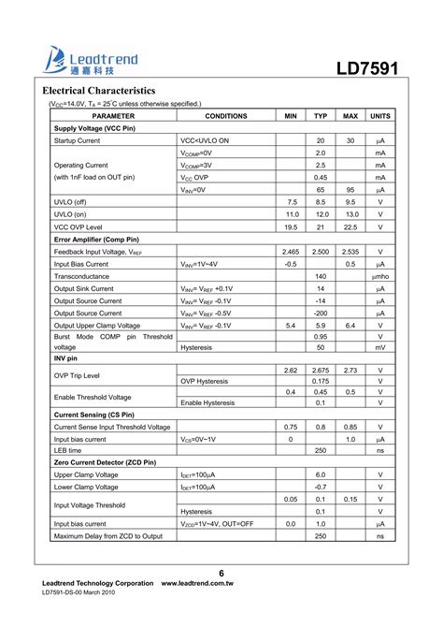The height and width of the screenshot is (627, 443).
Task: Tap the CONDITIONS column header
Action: (x=225, y=115)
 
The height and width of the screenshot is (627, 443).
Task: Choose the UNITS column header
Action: (x=380, y=115)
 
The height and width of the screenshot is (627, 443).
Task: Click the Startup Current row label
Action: (x=77, y=140)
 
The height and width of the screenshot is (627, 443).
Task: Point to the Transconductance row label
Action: (x=81, y=277)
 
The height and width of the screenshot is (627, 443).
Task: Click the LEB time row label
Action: (x=70, y=450)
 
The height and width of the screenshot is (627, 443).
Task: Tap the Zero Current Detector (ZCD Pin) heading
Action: (x=106, y=462)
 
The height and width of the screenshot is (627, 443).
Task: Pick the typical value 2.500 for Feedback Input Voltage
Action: (x=321, y=252)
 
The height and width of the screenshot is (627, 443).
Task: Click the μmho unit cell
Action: (x=380, y=277)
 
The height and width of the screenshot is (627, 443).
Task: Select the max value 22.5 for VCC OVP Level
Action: (x=350, y=226)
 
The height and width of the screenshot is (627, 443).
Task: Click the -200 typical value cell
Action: (x=321, y=313)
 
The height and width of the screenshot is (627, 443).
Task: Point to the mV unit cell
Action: (x=380, y=346)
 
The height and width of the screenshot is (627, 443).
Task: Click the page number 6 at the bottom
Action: (x=221, y=573)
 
